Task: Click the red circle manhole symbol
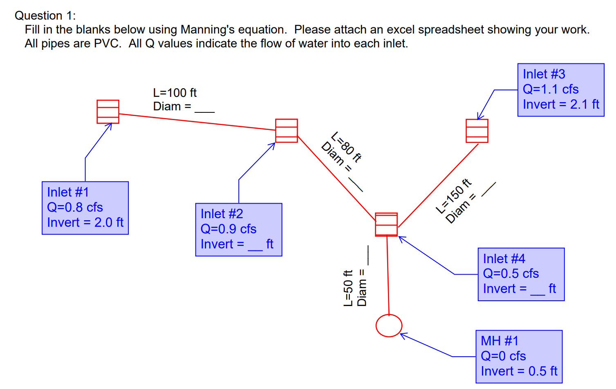(389, 326)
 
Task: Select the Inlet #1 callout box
(85, 208)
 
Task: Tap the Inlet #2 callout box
(239, 230)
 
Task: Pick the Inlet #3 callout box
(561, 90)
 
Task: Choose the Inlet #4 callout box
(521, 274)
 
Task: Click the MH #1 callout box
(519, 357)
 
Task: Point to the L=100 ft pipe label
(175, 93)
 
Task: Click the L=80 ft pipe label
(346, 147)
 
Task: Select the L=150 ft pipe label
(454, 196)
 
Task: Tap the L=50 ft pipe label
(348, 288)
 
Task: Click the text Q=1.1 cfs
(551, 89)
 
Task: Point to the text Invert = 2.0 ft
(85, 222)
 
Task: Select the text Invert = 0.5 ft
(519, 371)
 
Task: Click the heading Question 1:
(45, 16)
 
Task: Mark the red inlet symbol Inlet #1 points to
(108, 112)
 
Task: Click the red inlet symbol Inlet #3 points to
(477, 131)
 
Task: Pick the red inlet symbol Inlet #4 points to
(386, 224)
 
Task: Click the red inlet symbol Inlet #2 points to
(287, 131)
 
